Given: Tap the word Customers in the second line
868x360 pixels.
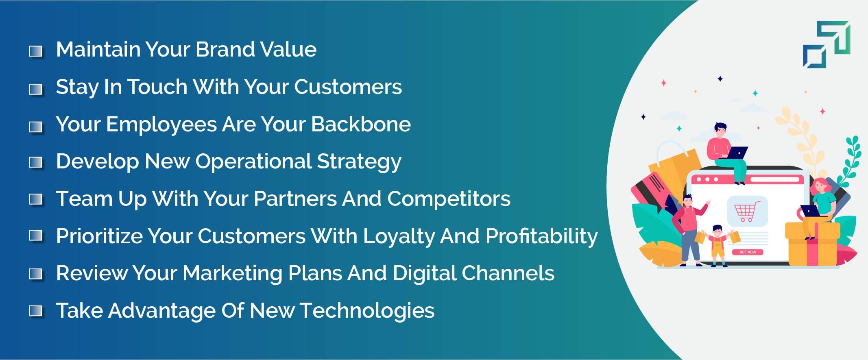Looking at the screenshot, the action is [x=348, y=87].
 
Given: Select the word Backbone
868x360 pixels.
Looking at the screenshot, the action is [x=361, y=124].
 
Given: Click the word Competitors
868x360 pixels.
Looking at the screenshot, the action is [x=449, y=199].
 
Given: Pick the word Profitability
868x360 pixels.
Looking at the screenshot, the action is [x=541, y=236].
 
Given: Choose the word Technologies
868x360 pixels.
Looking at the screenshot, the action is [x=367, y=311].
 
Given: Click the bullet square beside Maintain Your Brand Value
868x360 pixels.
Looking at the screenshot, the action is [x=36, y=51].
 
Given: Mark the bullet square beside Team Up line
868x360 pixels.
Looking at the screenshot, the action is [x=36, y=199].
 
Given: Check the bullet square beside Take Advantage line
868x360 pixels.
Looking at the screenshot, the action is [x=36, y=311].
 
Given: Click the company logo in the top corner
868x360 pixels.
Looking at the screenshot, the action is [x=827, y=44].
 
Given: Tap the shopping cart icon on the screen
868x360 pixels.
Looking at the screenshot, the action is [x=747, y=212].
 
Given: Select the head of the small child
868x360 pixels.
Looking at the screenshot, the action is [x=717, y=231].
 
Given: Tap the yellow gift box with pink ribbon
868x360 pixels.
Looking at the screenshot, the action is [x=812, y=244].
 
